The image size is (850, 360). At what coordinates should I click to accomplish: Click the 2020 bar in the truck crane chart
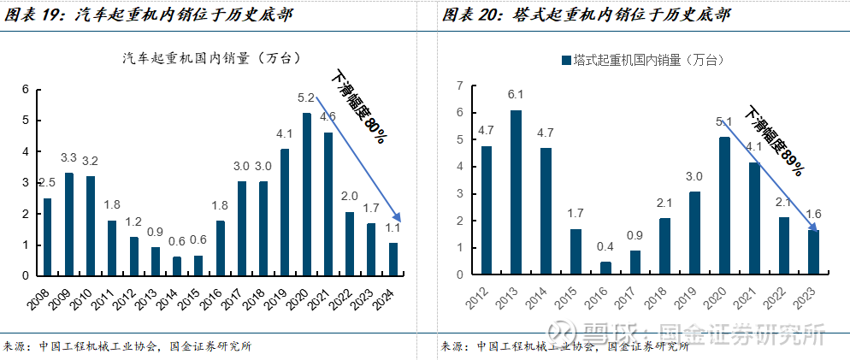[x=306, y=194]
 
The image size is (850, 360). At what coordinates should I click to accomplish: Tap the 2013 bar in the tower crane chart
[x=516, y=192]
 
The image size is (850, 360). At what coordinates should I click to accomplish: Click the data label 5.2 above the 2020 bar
[x=306, y=97]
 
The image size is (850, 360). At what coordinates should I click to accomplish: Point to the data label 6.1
[x=516, y=95]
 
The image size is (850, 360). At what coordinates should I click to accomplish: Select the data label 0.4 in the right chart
[x=605, y=247]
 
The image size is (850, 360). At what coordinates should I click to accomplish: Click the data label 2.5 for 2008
[x=47, y=183]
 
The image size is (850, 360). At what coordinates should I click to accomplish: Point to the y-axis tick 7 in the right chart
[x=459, y=86]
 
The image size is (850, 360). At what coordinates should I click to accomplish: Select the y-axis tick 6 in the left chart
[x=26, y=89]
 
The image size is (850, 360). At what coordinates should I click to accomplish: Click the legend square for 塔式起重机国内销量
[x=566, y=60]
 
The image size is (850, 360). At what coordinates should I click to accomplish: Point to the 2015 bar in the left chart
[x=198, y=265]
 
